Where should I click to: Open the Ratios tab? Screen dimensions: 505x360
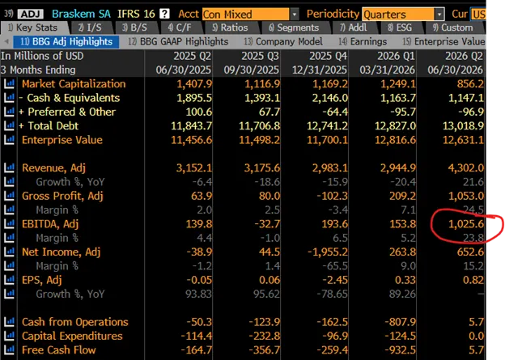point(230,28)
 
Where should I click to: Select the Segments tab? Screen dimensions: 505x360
point(294,28)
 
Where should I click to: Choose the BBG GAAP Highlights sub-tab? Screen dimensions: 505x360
point(178,41)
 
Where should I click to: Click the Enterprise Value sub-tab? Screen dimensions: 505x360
point(443,41)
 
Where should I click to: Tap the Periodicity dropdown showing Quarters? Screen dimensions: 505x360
point(403,15)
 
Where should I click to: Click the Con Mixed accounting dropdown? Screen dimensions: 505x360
point(250,15)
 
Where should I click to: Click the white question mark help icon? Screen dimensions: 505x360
point(164,14)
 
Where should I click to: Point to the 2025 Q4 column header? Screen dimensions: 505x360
point(329,56)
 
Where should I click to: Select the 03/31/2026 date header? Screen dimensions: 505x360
point(388,70)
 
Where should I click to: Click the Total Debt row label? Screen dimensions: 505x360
point(53,126)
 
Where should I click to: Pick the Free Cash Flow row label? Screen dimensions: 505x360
point(58,350)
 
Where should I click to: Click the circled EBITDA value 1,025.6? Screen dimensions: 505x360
point(466,224)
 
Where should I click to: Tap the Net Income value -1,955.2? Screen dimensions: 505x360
point(328,252)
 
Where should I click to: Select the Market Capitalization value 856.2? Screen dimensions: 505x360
point(470,84)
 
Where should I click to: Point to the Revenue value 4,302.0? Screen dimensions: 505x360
point(465,168)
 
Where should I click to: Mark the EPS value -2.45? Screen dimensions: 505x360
point(334,280)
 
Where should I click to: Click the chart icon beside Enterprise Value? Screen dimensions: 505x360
point(9,140)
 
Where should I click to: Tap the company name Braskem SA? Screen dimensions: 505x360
point(81,14)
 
